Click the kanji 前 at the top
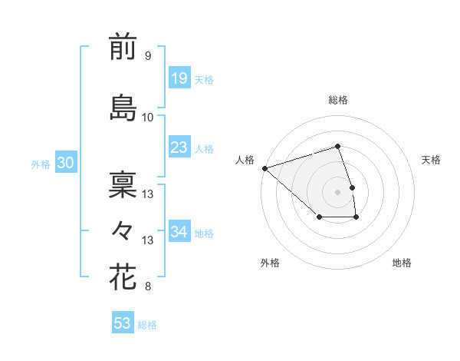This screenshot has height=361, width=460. click(x=123, y=48)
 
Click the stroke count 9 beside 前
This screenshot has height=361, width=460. click(x=147, y=56)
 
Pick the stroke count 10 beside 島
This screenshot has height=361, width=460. click(x=148, y=118)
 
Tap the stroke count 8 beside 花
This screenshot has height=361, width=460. click(x=147, y=287)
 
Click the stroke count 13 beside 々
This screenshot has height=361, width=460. click(x=148, y=240)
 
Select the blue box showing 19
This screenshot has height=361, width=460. click(x=179, y=78)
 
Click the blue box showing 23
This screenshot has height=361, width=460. click(x=179, y=147)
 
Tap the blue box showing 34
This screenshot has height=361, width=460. click(x=179, y=231)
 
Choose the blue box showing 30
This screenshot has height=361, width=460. click(x=65, y=163)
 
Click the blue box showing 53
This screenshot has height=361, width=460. click(x=123, y=323)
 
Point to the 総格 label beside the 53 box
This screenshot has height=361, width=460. click(x=147, y=325)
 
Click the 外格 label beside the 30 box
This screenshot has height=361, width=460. click(x=41, y=164)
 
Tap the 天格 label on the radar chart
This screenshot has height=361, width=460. click(x=432, y=160)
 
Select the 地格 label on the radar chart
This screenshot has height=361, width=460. click(x=402, y=263)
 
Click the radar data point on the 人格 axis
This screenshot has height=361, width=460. click(x=264, y=167)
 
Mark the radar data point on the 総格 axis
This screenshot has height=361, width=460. click(x=337, y=146)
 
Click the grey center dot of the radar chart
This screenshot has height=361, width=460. click(x=337, y=191)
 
